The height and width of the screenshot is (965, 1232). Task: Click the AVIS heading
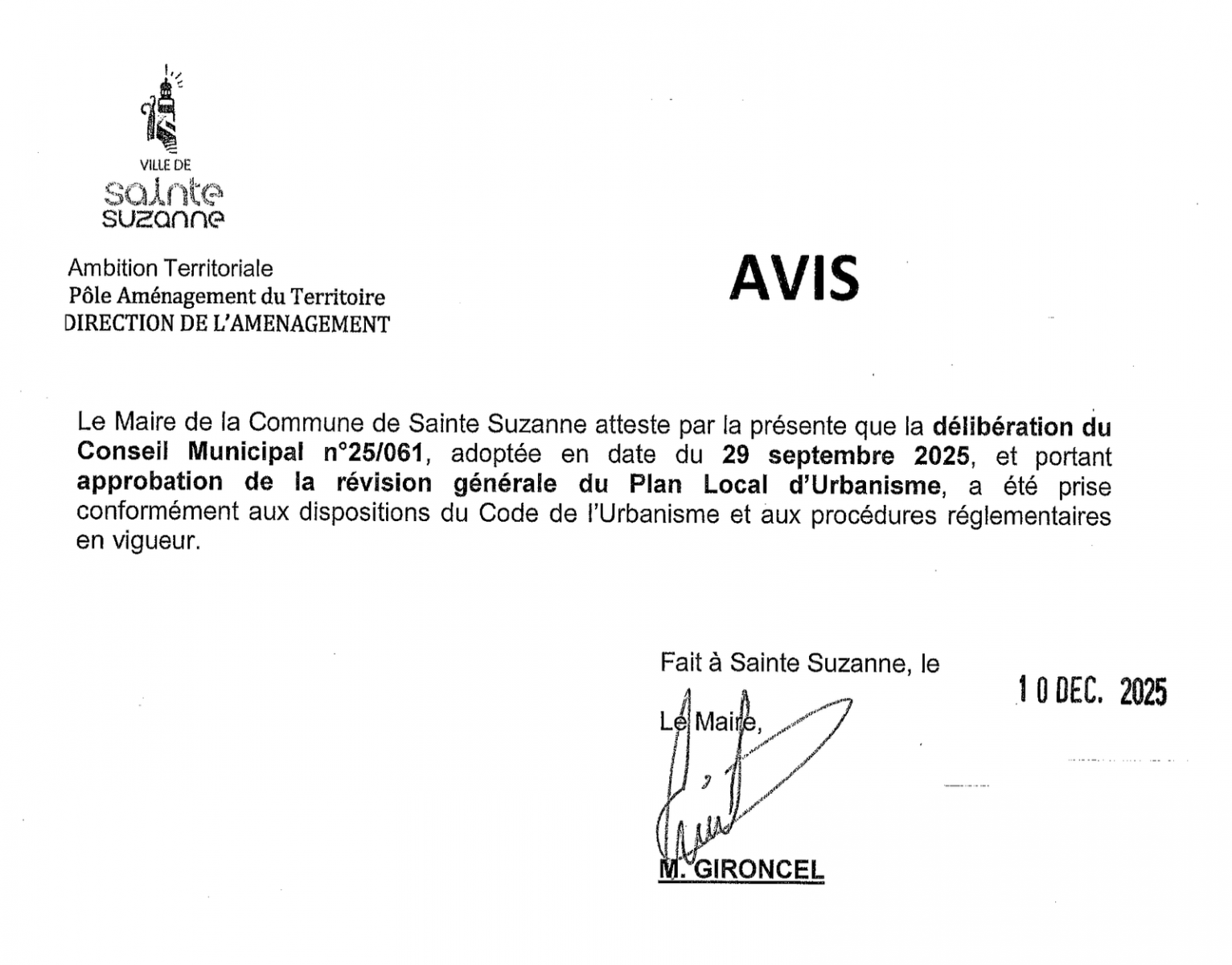(794, 278)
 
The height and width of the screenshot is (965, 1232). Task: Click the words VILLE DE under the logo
(166, 165)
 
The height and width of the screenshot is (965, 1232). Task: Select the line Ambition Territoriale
(170, 268)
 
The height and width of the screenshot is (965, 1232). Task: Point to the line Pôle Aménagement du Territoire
(227, 297)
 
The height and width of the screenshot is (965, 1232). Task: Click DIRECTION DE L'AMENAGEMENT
(227, 324)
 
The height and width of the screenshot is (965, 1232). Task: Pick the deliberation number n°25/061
(372, 453)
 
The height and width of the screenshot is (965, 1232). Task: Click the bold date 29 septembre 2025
(845, 456)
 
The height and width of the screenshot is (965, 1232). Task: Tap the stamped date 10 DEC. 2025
(1091, 691)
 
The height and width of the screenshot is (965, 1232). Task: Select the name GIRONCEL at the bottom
(758, 869)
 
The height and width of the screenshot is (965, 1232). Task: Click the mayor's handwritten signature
(724, 772)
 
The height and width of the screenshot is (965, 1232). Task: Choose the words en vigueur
(137, 542)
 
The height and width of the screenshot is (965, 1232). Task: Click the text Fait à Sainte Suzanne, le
(799, 663)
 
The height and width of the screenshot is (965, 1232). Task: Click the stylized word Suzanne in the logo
(164, 218)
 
